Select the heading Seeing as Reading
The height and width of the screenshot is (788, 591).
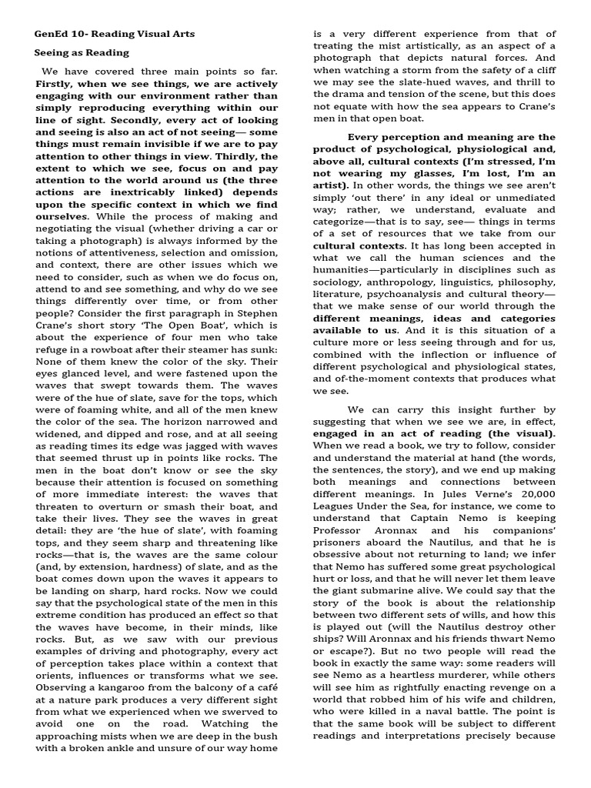click(x=82, y=53)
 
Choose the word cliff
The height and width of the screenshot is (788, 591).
click(x=541, y=82)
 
